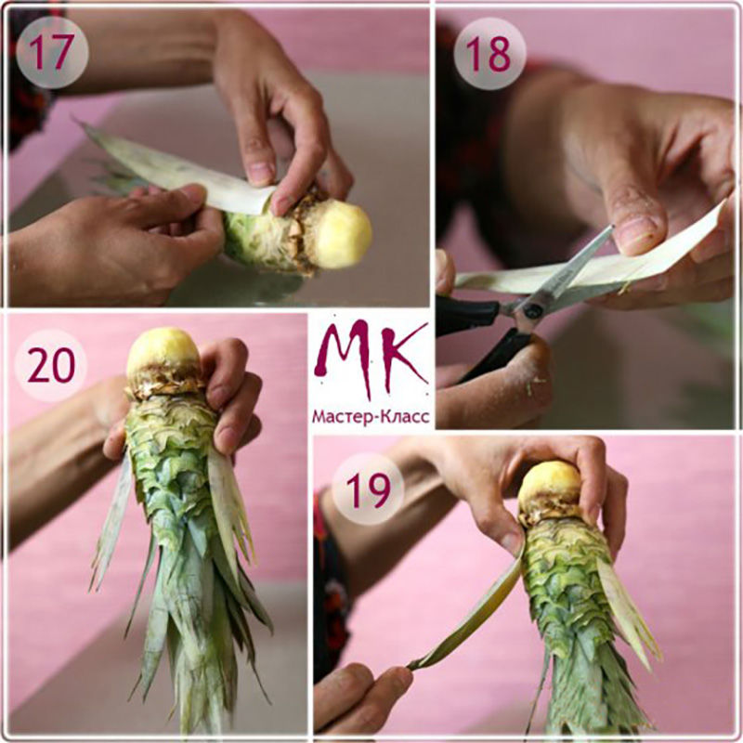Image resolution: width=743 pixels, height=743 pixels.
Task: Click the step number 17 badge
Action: coord(52,52)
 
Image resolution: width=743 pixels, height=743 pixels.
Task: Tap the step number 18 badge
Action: coord(489,54)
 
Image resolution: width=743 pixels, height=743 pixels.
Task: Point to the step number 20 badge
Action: coord(51,365)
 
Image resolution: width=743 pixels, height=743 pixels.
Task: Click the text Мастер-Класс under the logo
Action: coord(371,417)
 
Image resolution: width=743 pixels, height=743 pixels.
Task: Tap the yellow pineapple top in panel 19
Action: coord(550,486)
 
